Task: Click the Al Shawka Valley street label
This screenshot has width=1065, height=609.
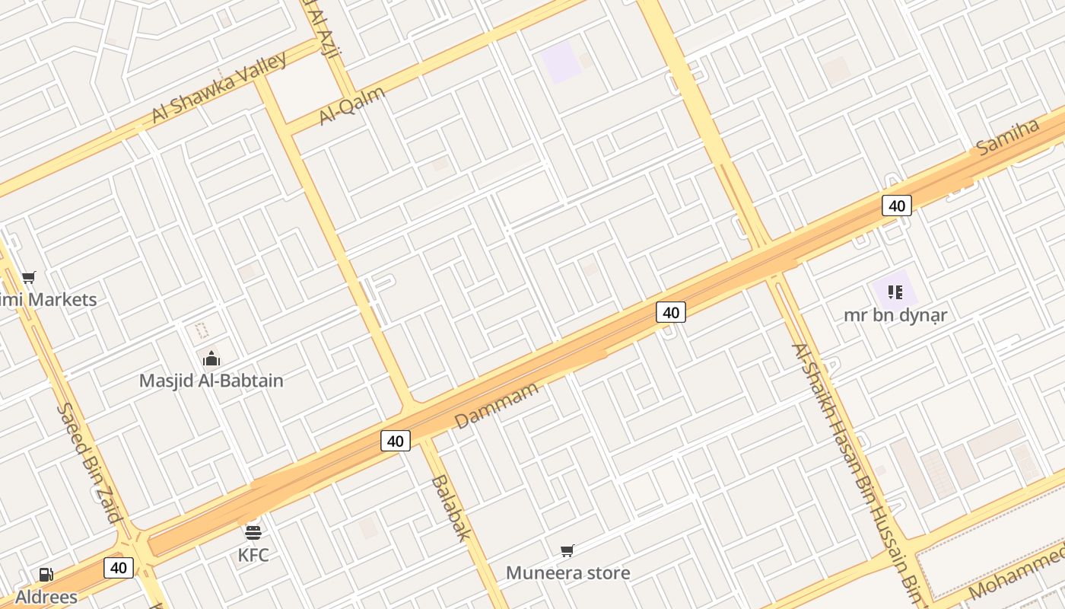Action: point(219,87)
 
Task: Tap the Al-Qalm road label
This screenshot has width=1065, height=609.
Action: point(352,105)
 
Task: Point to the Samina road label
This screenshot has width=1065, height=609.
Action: point(1008,138)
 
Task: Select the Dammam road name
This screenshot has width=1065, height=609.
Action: point(496,405)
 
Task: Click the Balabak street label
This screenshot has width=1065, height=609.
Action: point(450,508)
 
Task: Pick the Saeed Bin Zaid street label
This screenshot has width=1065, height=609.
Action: point(89,463)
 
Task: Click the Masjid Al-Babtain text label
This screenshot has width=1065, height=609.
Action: point(211,381)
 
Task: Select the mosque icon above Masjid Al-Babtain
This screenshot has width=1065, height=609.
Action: point(211,358)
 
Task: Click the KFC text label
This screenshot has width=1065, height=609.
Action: point(253,555)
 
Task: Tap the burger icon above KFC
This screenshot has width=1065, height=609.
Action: point(253,532)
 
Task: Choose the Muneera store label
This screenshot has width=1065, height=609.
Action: point(567,572)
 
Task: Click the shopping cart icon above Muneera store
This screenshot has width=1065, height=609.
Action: point(567,550)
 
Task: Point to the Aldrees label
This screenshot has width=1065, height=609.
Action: point(46,597)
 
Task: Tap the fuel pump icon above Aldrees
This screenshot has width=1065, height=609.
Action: point(46,575)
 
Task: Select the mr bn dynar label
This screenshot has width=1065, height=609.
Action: point(895,314)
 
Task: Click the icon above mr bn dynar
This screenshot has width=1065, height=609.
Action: point(895,292)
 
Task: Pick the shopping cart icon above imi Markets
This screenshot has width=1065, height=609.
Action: point(29,277)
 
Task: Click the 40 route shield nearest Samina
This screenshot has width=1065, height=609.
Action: point(897,206)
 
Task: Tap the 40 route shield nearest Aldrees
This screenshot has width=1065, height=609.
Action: point(118,567)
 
